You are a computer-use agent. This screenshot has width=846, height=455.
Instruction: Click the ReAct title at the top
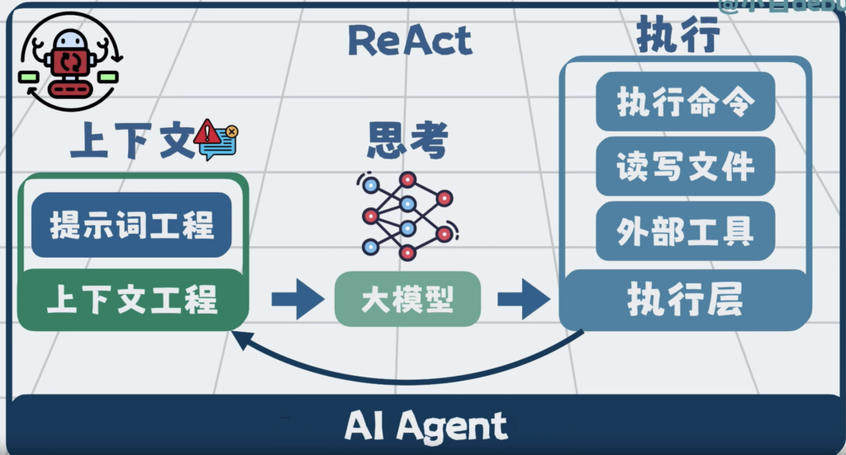(x=411, y=40)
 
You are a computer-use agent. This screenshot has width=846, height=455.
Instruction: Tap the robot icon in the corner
(x=69, y=64)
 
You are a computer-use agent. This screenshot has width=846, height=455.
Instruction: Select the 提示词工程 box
(x=131, y=225)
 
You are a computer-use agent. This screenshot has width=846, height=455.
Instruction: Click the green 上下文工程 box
(x=132, y=299)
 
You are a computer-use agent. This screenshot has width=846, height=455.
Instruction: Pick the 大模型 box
(x=407, y=299)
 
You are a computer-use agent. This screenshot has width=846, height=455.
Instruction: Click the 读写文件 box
(x=685, y=166)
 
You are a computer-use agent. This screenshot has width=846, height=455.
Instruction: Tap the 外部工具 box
(x=685, y=230)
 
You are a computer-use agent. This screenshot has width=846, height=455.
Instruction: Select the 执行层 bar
(x=685, y=300)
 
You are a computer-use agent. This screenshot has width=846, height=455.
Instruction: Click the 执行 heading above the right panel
(x=678, y=36)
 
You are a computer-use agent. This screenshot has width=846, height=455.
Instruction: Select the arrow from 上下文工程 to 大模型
(x=297, y=299)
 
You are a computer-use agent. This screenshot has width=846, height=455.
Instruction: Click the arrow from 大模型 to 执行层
(x=523, y=299)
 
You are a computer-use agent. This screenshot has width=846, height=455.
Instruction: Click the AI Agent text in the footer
(x=425, y=427)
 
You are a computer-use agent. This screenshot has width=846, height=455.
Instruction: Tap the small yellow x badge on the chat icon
(x=231, y=130)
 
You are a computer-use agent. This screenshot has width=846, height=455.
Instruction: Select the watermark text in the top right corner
(x=781, y=7)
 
